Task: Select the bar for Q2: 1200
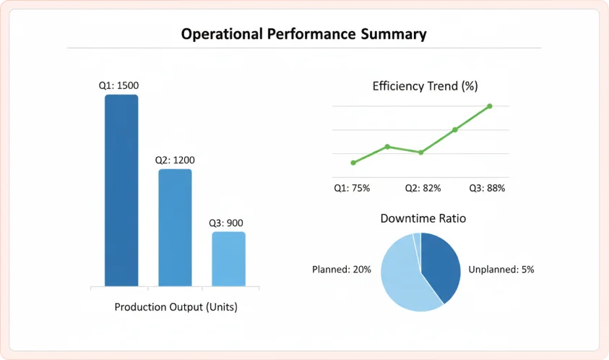pyautogui.click(x=175, y=228)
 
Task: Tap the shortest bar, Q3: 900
pyautogui.click(x=228, y=259)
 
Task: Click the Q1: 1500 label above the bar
pyautogui.click(x=119, y=85)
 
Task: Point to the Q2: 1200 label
pyautogui.click(x=175, y=160)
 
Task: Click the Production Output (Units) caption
pyautogui.click(x=176, y=307)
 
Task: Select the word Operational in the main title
pyautogui.click(x=223, y=34)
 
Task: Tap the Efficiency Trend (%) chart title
pyautogui.click(x=425, y=86)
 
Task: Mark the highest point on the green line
pyautogui.click(x=490, y=106)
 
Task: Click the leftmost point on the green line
pyautogui.click(x=353, y=163)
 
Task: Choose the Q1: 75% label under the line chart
pyautogui.click(x=352, y=188)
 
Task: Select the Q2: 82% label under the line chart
pyautogui.click(x=423, y=188)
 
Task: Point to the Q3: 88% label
pyautogui.click(x=486, y=188)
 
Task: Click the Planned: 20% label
pyautogui.click(x=342, y=270)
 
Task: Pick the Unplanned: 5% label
pyautogui.click(x=501, y=270)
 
